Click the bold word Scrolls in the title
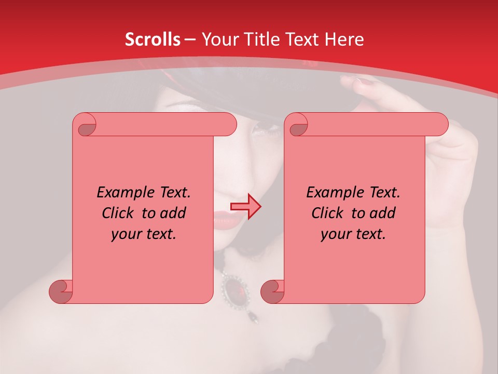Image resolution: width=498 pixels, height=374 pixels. point(153,39)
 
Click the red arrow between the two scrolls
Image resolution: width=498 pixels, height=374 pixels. point(245,207)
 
